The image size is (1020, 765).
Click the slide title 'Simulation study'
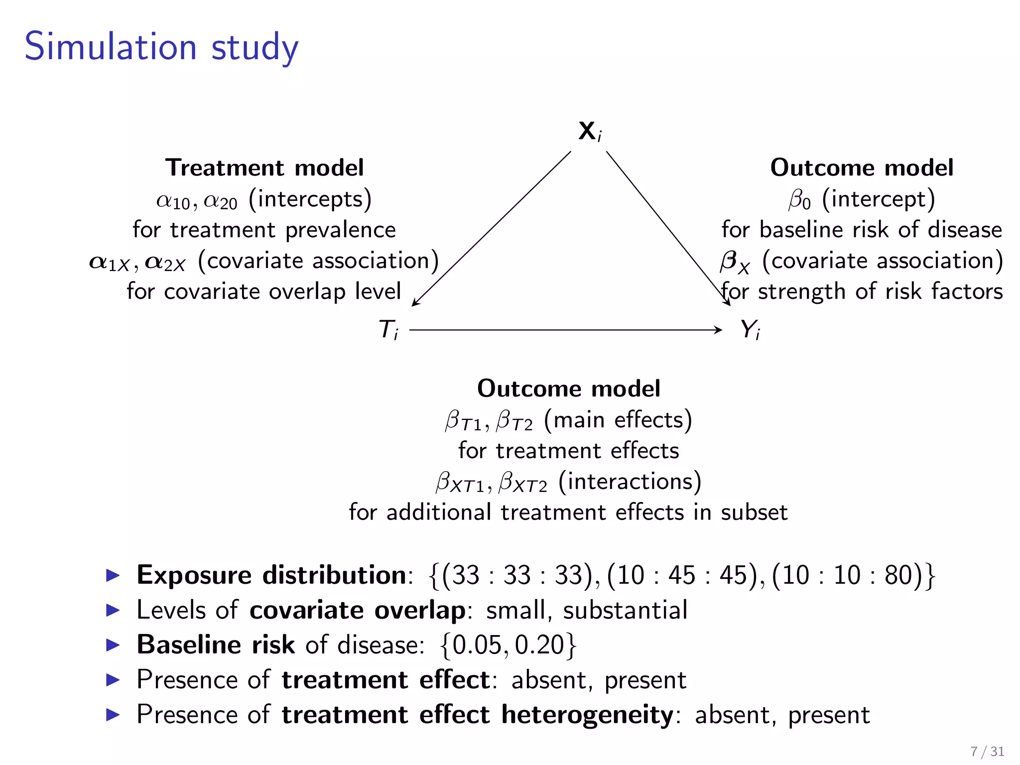tap(161, 47)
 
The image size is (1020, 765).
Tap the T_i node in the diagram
tap(388, 330)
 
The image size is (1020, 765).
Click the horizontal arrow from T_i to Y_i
tap(565, 330)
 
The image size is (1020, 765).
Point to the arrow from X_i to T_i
tap(491, 229)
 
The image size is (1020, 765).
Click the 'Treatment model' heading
tap(264, 168)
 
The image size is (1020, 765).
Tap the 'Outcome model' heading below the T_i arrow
tap(569, 388)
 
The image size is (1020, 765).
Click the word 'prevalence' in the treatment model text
tap(341, 230)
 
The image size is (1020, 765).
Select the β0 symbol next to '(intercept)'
tap(800, 200)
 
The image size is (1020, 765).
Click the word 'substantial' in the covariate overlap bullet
tap(625, 611)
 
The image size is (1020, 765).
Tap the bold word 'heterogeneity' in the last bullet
tap(587, 715)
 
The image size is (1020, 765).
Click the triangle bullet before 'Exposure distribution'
tap(114, 576)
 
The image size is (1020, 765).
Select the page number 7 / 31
tap(987, 751)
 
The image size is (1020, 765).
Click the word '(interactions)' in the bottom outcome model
tap(630, 482)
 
